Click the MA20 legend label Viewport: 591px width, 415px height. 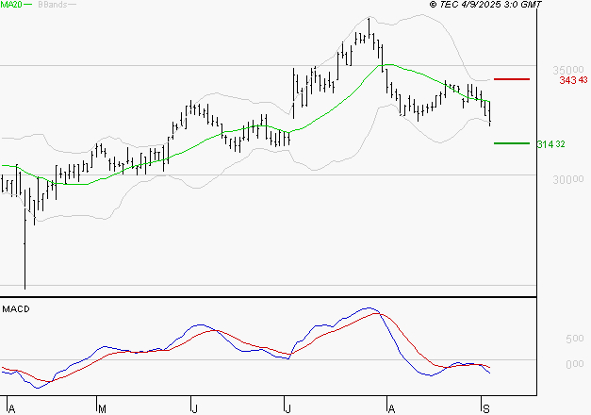tap(11, 5)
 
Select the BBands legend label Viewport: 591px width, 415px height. tap(52, 5)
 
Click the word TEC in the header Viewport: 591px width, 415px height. tap(451, 5)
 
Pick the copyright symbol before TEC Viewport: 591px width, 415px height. tap(433, 5)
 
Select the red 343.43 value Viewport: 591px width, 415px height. tap(573, 80)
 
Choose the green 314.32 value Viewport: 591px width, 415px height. tap(551, 144)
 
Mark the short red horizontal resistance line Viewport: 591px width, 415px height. tap(511, 79)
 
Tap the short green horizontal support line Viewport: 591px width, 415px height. tap(511, 143)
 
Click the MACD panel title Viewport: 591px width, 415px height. tap(14, 309)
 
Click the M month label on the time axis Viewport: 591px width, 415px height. tap(101, 407)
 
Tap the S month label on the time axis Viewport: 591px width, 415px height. tap(484, 407)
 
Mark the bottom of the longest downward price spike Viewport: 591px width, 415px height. tap(24, 287)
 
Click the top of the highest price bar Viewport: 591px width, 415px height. tap(369, 18)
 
